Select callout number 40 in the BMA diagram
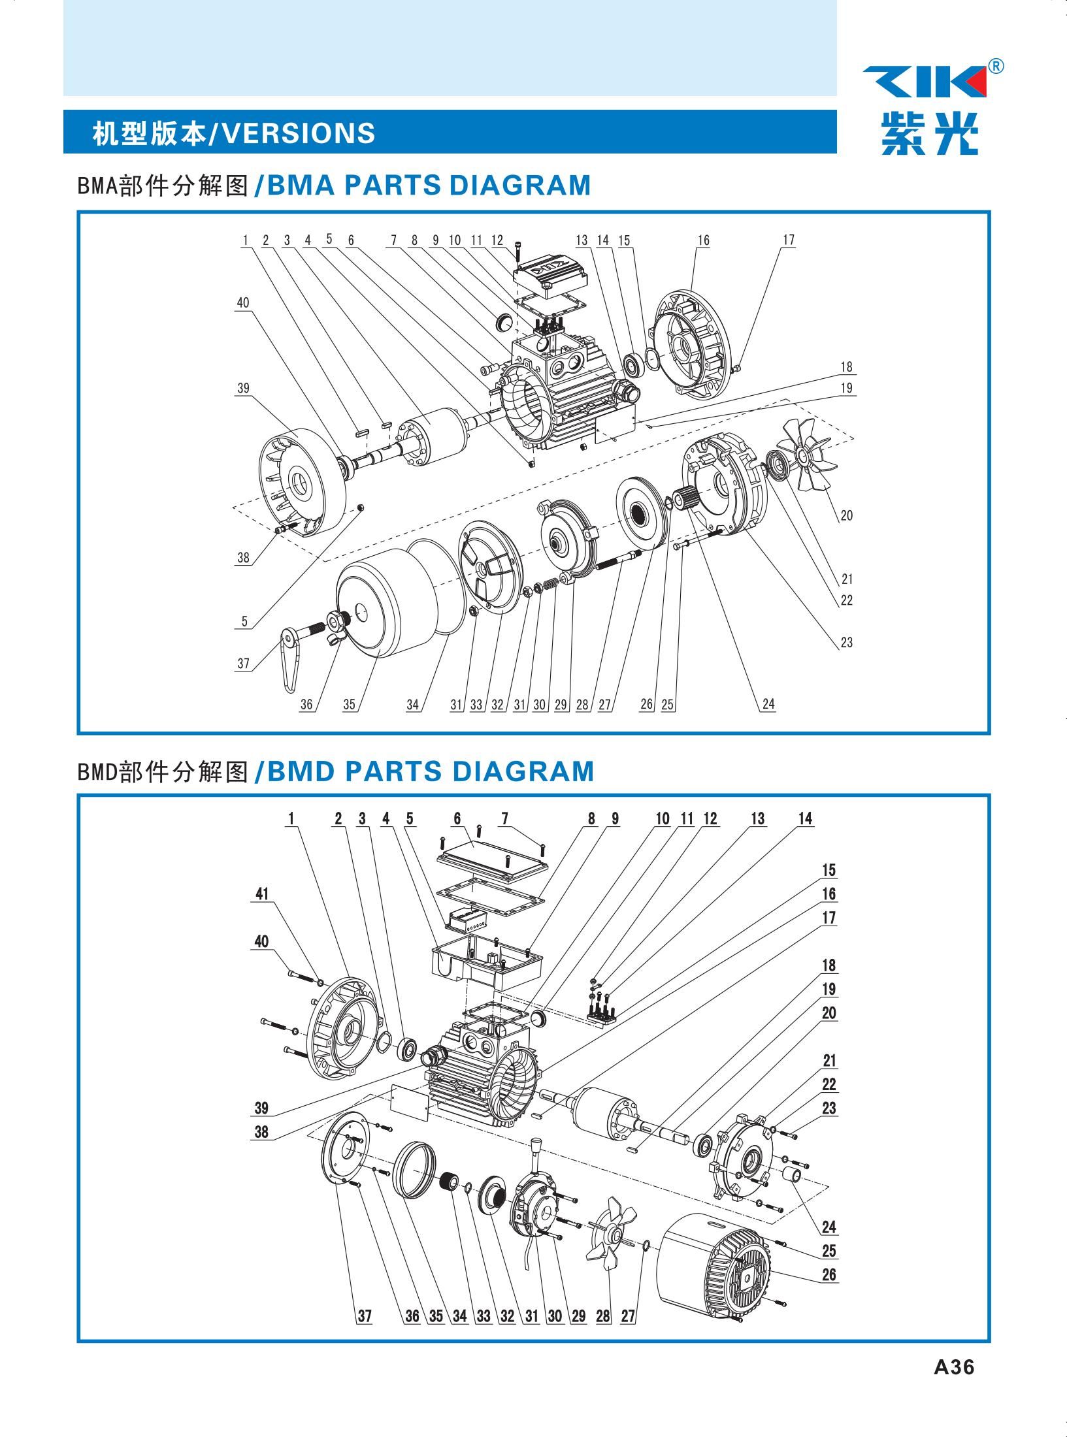pos(243,303)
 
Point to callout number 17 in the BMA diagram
pos(789,240)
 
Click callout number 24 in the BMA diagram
pos(768,703)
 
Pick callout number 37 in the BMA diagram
pos(244,664)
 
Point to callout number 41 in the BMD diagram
pos(262,894)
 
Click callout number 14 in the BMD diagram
pos(806,819)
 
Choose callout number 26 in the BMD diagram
pos(829,1274)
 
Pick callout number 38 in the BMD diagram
pos(261,1132)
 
